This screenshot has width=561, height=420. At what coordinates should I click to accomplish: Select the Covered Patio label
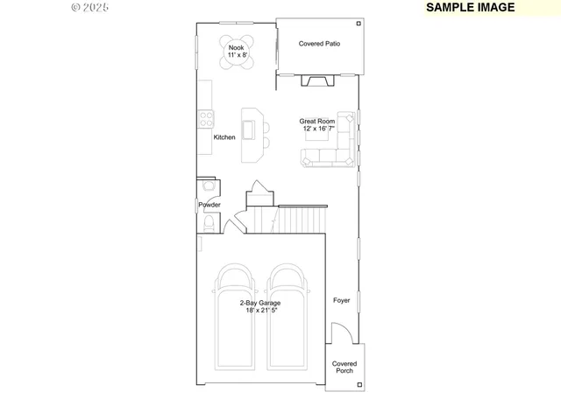point(319,43)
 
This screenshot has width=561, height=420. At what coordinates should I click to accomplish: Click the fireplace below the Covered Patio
point(317,81)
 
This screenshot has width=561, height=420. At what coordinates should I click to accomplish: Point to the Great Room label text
point(317,122)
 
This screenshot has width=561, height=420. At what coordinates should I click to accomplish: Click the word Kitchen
point(224,137)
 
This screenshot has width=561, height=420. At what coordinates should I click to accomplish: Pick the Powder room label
point(209,205)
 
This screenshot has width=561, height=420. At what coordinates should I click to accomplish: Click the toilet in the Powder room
point(206,227)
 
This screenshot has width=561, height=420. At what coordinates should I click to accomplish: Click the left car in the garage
point(233,315)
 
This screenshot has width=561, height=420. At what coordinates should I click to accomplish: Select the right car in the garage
point(288,315)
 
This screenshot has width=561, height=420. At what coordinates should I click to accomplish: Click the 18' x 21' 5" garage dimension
point(260,310)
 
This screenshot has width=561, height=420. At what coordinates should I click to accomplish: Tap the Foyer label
point(341,300)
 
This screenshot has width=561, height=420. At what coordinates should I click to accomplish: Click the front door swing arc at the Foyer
point(343,332)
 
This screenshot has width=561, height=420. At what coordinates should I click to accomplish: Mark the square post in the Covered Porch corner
point(359,384)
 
